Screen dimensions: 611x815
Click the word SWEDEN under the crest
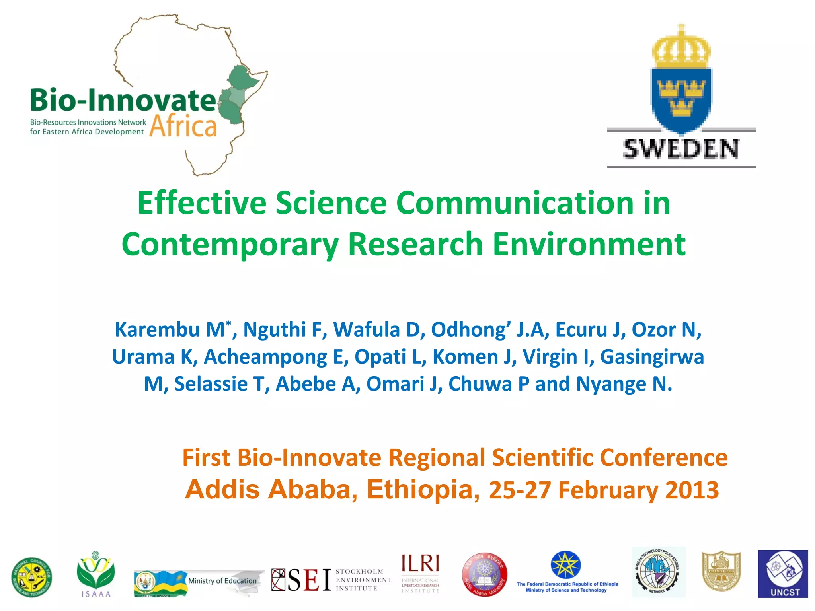tap(681, 149)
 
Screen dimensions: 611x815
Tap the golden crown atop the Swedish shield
tap(681, 48)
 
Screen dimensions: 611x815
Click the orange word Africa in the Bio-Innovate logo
tap(183, 126)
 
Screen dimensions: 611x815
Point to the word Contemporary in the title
tap(230, 245)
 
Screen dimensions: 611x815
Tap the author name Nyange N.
tap(624, 384)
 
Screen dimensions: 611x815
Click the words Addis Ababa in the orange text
tap(271, 490)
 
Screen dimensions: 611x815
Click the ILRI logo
tap(420, 573)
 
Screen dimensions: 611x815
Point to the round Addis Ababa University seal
tap(484, 575)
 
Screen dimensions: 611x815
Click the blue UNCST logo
tap(783, 574)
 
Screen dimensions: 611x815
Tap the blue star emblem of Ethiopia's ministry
tap(565, 565)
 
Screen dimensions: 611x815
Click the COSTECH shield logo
tap(721, 572)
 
